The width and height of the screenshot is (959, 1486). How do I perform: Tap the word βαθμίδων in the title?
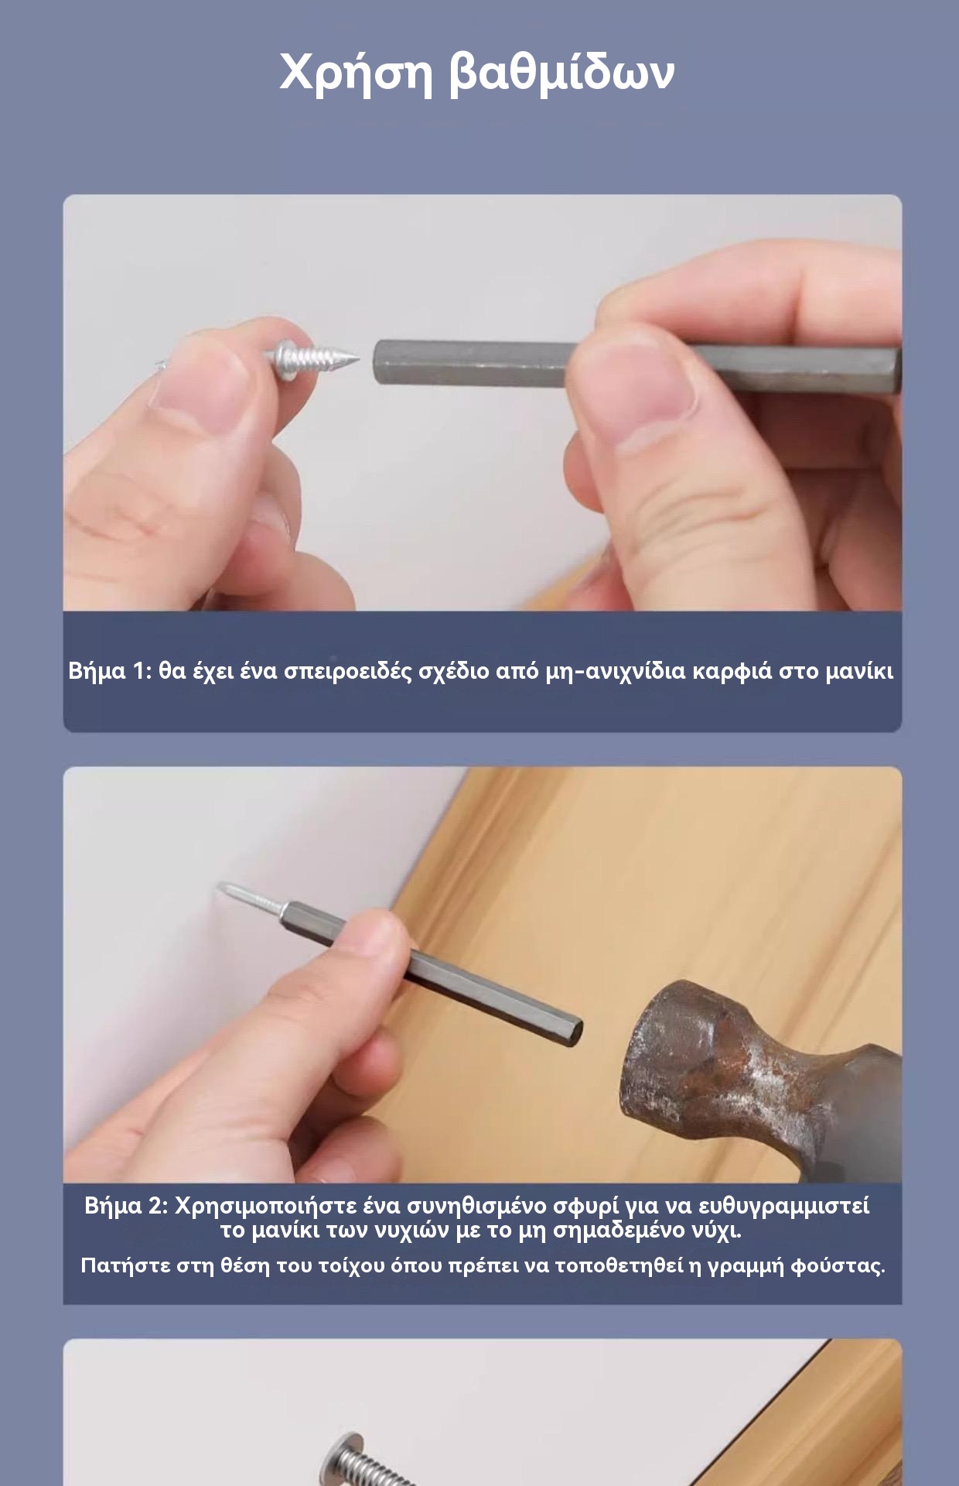(x=562, y=71)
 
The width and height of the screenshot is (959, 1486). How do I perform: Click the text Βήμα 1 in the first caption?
(x=108, y=670)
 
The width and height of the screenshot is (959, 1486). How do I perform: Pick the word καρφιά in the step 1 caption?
(x=732, y=671)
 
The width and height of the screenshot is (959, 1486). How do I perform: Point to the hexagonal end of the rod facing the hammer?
(x=573, y=1029)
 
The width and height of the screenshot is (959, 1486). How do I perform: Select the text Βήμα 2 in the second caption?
(x=126, y=1206)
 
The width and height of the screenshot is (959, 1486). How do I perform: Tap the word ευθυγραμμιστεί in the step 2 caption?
(x=783, y=1207)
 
